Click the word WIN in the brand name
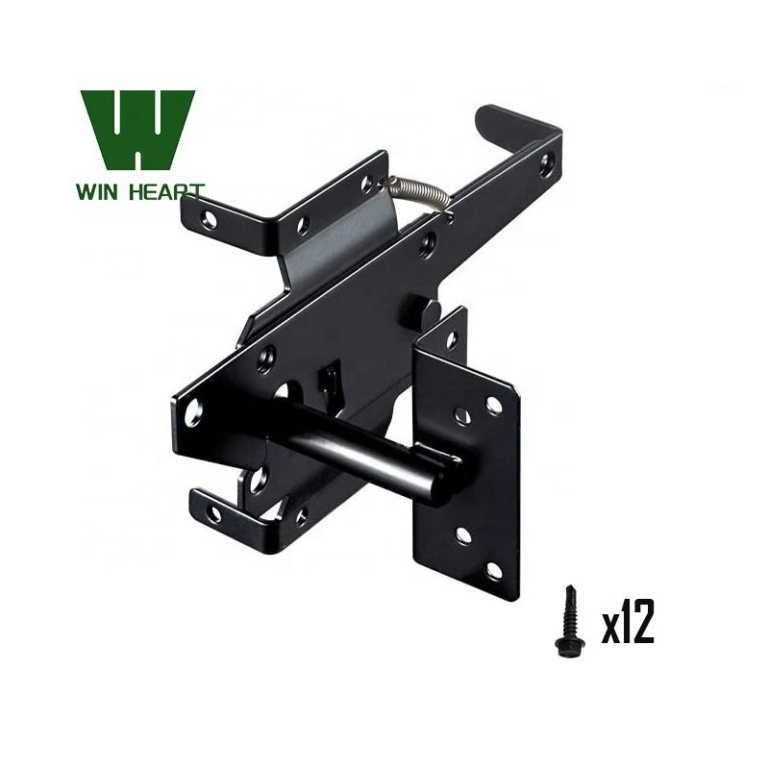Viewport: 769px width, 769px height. [x=97, y=191]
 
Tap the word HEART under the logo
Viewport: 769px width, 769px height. [x=166, y=191]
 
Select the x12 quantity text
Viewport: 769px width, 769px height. [x=628, y=621]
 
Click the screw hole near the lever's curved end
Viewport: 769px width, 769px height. [x=545, y=163]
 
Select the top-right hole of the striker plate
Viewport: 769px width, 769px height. [x=493, y=404]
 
